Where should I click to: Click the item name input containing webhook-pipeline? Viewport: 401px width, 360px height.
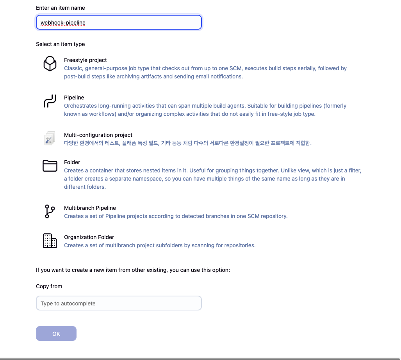119,23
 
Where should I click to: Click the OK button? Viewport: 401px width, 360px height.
56,333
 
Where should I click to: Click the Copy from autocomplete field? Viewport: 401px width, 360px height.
119,303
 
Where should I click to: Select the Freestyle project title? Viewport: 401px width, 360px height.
86,60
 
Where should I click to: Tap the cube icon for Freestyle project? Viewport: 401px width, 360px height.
50,64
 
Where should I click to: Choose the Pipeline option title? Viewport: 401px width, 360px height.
74,98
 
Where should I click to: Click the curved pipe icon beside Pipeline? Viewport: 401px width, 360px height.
50,101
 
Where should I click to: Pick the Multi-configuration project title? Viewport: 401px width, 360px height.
98,135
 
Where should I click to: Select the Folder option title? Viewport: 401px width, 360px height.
72,162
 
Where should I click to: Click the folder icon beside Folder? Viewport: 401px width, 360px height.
50,166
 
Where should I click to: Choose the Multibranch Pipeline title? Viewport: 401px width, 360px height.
90,208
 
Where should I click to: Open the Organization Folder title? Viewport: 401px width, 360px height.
89,237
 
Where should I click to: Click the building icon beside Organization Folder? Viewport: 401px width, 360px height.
50,241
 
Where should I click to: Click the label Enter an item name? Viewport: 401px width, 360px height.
61,8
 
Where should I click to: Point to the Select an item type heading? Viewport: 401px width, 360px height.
61,44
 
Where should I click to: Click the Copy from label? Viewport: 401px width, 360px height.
49,286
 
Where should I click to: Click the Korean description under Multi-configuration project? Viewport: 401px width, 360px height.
188,143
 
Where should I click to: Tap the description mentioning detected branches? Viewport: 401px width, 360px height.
176,216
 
